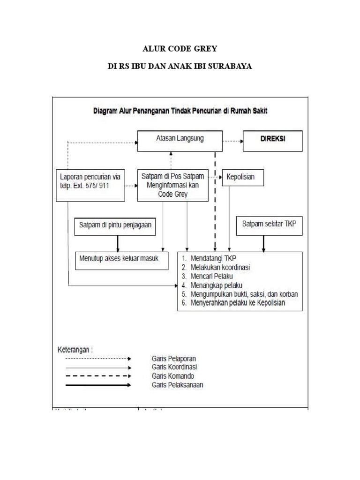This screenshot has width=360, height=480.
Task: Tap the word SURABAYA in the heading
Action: (230, 66)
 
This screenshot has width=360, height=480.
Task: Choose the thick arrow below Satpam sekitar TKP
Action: (263, 243)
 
